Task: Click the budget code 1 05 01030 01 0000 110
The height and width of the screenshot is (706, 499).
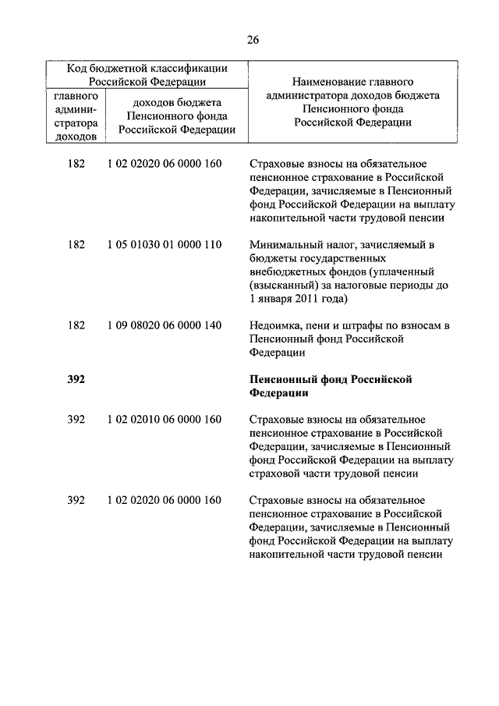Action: point(165,245)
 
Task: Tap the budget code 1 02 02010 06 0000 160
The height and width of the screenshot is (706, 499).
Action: point(165,420)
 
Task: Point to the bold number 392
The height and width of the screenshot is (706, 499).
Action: point(76,379)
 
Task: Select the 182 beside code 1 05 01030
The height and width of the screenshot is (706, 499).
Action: point(76,245)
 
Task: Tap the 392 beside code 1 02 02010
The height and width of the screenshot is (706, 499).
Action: point(76,420)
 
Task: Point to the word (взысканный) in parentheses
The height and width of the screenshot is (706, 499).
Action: point(282,285)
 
